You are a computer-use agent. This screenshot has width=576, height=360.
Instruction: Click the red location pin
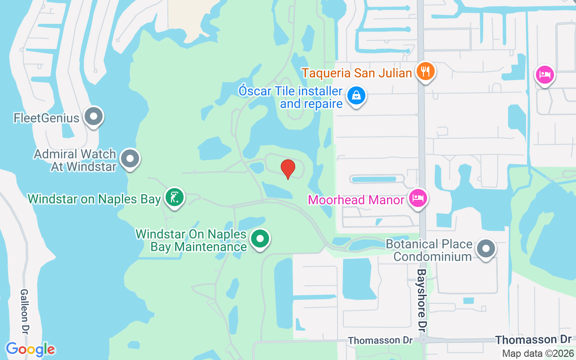tap(288, 169)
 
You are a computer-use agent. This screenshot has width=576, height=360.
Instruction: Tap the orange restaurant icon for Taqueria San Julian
tap(425, 72)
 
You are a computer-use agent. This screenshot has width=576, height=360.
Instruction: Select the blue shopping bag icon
tap(356, 96)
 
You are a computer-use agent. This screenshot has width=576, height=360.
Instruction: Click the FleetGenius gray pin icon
tap(94, 117)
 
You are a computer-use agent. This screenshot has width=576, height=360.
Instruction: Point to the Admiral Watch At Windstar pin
tap(130, 159)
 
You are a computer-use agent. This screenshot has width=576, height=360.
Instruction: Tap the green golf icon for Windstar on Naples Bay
tap(175, 197)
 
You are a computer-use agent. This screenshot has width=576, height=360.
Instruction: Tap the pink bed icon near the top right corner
tap(544, 74)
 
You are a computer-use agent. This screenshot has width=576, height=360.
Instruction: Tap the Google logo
tap(30, 349)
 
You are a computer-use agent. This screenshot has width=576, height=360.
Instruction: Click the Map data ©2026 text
tap(538, 353)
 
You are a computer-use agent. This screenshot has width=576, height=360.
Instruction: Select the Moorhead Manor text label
tap(356, 199)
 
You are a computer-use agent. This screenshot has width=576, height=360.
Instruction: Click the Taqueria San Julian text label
tap(357, 72)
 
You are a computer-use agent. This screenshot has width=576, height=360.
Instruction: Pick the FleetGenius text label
tap(46, 118)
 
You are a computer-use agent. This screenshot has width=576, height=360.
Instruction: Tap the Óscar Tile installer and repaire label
tap(291, 97)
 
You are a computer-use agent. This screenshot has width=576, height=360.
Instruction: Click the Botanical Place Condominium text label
tap(429, 250)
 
